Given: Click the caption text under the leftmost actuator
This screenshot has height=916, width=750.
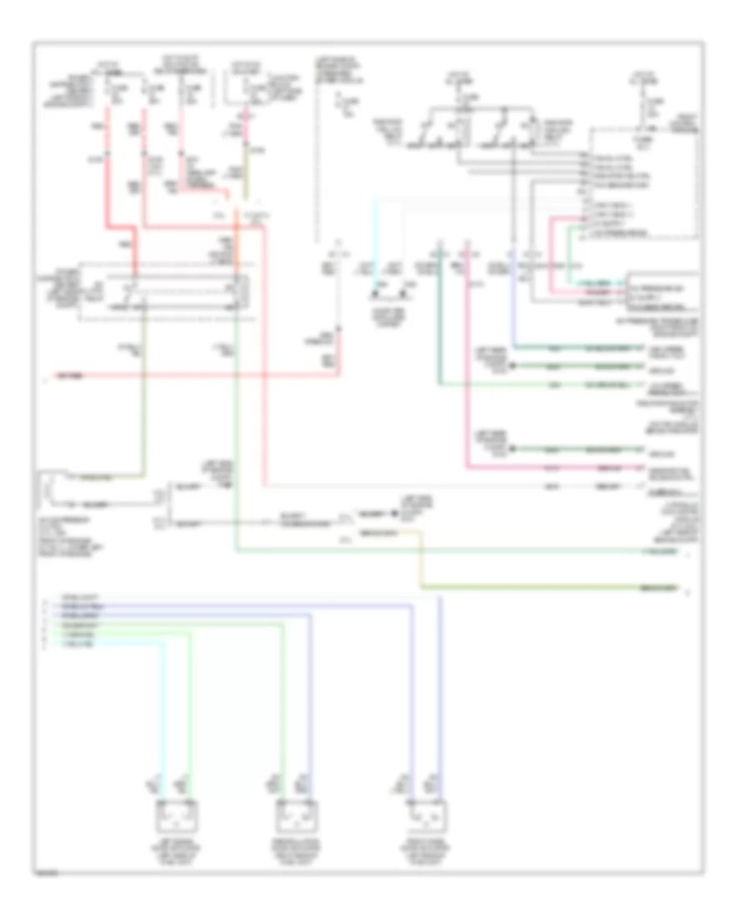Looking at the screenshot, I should pyautogui.click(x=176, y=853).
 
